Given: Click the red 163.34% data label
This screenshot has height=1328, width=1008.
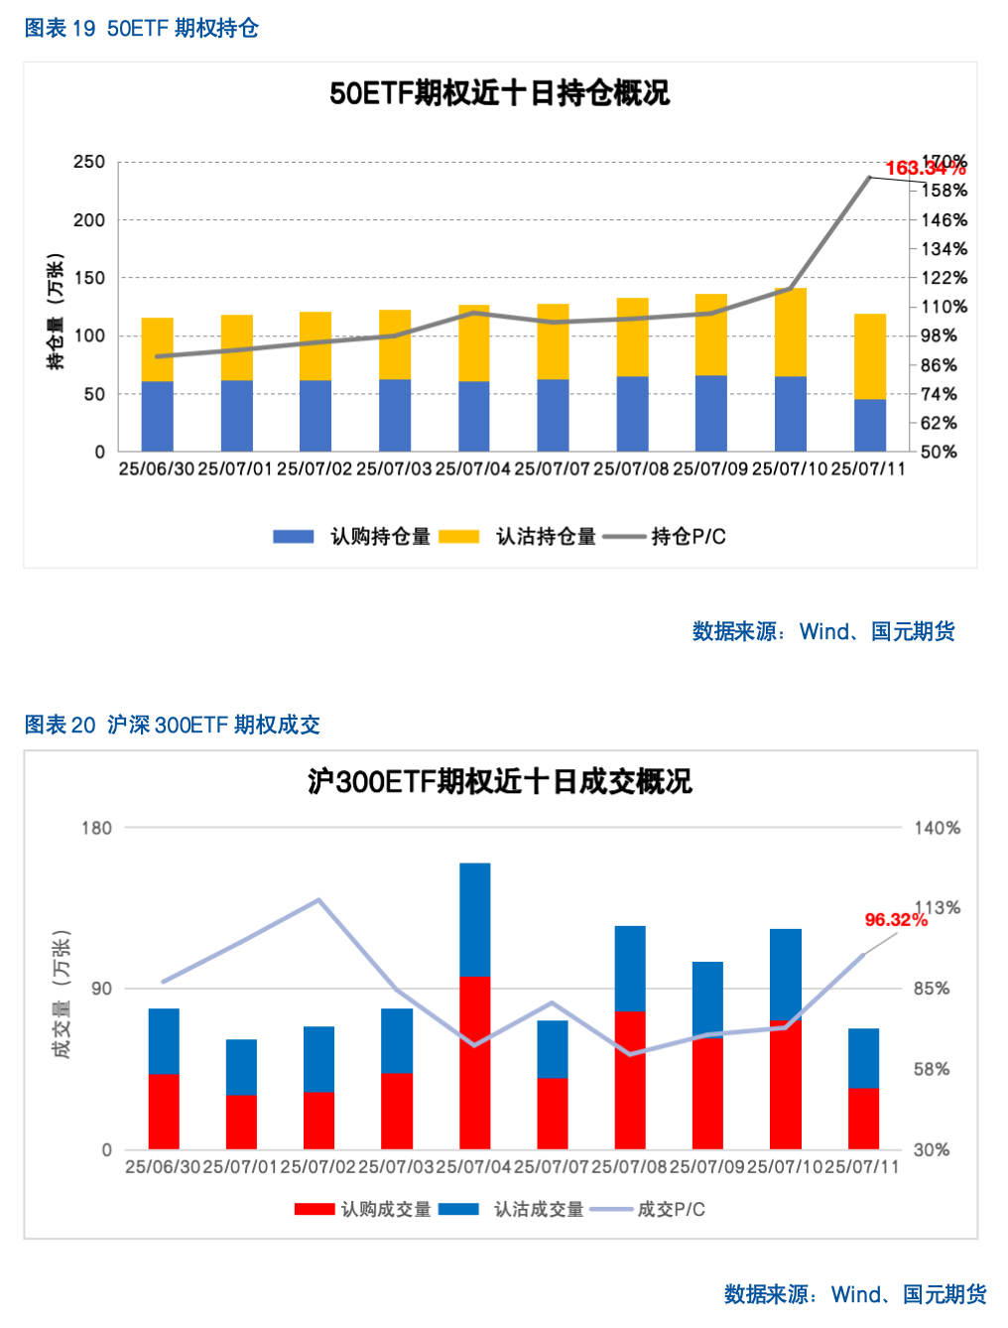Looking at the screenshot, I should click(x=924, y=169).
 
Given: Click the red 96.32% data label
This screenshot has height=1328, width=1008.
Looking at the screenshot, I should click(x=895, y=920).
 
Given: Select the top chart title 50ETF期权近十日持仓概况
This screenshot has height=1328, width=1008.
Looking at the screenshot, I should click(x=499, y=93).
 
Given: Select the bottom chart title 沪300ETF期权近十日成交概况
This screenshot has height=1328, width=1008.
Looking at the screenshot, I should click(x=499, y=782).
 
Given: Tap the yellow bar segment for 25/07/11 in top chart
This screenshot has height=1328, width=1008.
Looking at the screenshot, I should click(x=870, y=356).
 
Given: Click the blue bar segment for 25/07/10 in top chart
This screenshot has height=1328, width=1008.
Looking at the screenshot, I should click(x=791, y=414).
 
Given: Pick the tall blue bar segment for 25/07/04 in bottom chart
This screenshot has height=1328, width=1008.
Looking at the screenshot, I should click(x=475, y=919).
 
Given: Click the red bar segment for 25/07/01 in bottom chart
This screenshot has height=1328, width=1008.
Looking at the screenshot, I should click(x=241, y=1122).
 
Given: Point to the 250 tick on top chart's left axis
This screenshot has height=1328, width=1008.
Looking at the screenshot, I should click(x=89, y=162).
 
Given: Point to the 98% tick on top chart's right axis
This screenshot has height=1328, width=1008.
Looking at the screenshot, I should click(x=938, y=336).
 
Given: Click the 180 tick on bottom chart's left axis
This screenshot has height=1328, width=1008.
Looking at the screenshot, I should click(x=96, y=828).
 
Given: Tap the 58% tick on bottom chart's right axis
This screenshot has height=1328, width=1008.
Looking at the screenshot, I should click(x=931, y=1069).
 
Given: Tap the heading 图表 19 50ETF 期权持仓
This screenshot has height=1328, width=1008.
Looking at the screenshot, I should click(x=141, y=29).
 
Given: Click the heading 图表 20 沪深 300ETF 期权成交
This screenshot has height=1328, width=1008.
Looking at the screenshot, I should click(x=172, y=726).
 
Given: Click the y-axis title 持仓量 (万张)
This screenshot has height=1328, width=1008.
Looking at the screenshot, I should click(x=56, y=312).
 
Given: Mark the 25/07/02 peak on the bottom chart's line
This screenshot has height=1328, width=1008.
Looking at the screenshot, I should click(x=318, y=900).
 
